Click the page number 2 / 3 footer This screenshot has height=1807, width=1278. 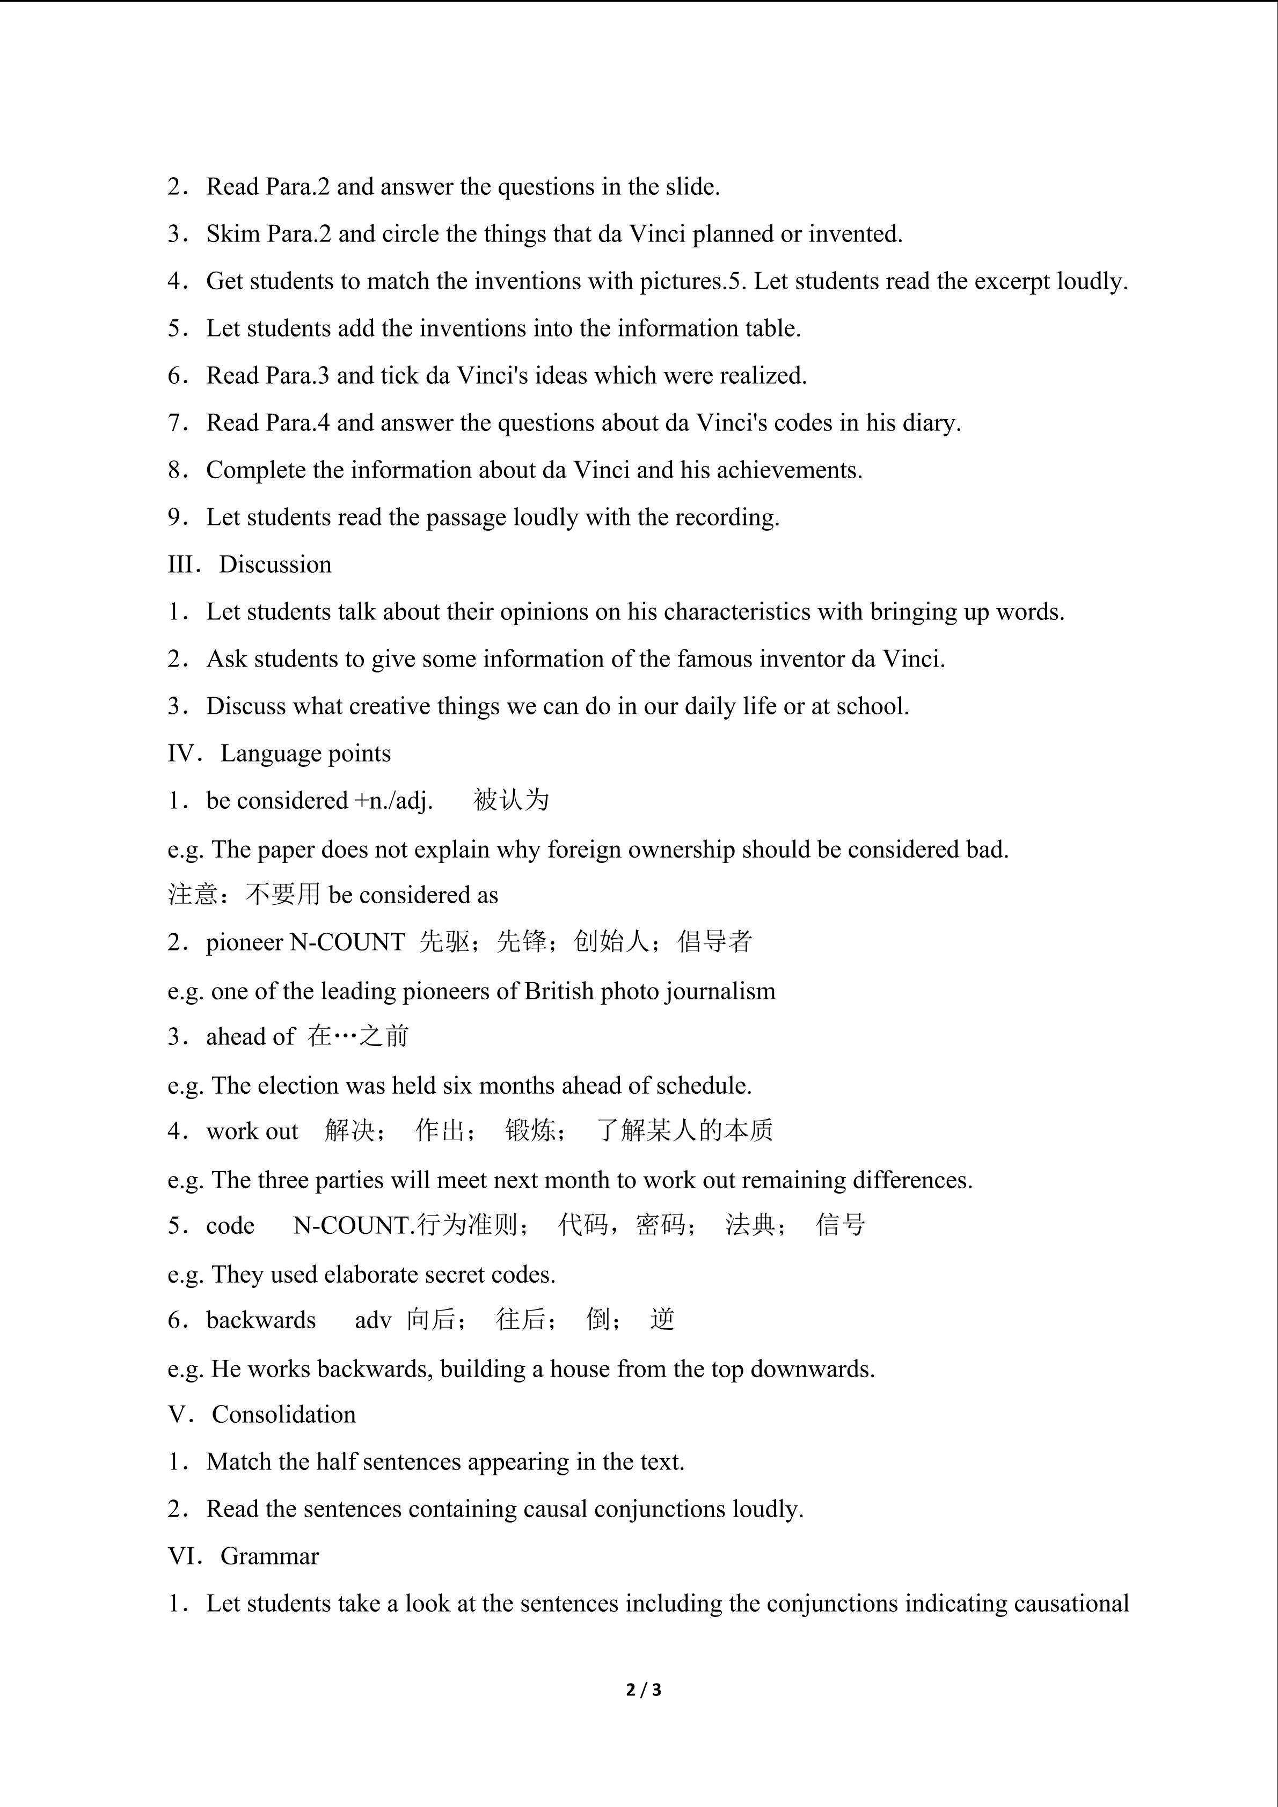pyautogui.click(x=644, y=1689)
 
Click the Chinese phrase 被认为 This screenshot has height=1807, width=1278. pyautogui.click(x=511, y=800)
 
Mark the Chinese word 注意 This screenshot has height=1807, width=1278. pyautogui.click(x=192, y=895)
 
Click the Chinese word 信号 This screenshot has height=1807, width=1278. pyautogui.click(x=841, y=1225)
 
